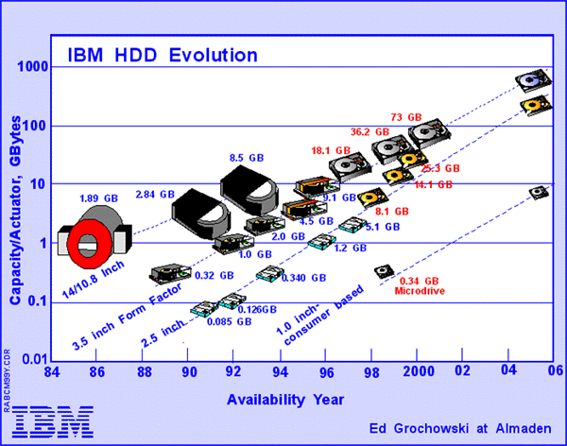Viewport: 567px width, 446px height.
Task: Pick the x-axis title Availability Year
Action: click(x=285, y=399)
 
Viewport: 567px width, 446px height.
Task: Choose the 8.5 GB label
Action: click(x=244, y=158)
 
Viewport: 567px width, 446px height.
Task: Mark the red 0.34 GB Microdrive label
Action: click(x=417, y=285)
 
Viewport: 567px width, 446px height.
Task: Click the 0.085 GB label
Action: click(x=231, y=321)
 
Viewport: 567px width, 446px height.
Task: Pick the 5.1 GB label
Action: click(x=383, y=227)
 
